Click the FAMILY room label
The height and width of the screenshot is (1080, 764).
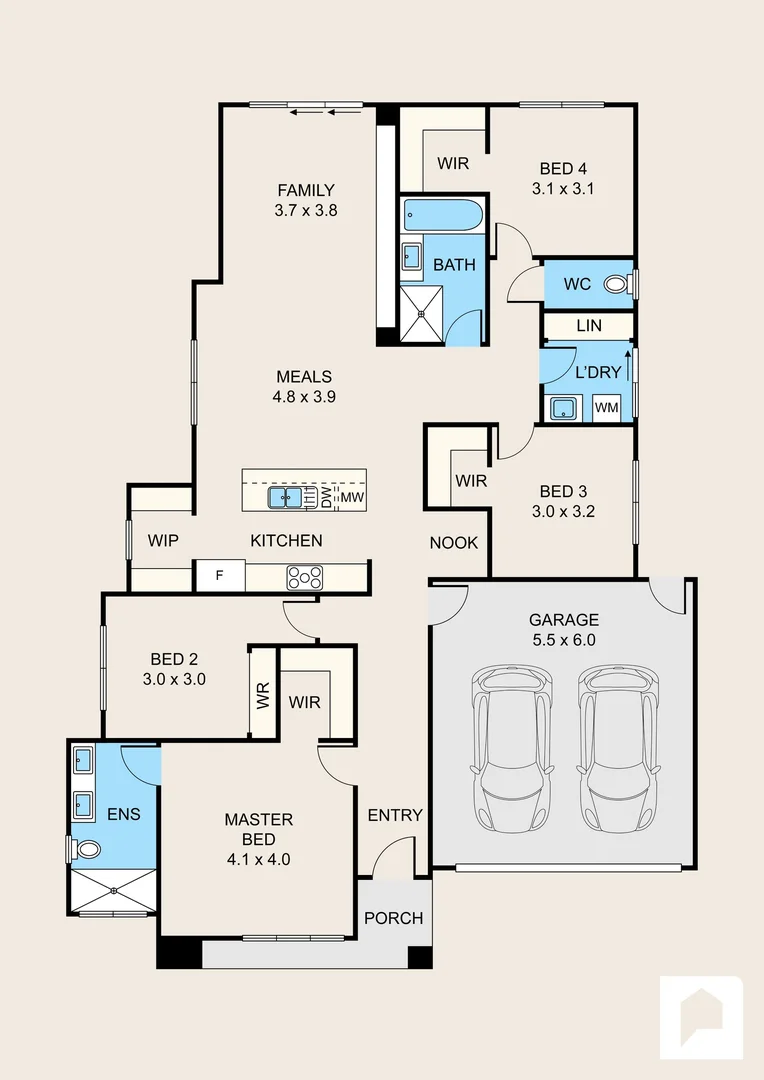(x=306, y=190)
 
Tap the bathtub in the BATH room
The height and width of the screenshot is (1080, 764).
(x=443, y=216)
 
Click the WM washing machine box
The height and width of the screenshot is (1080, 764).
(x=606, y=408)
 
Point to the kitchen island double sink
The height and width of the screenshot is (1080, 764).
(x=285, y=497)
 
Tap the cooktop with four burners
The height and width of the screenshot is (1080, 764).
(x=304, y=577)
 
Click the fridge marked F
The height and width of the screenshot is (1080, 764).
(x=220, y=576)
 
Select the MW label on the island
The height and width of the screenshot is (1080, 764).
(x=353, y=497)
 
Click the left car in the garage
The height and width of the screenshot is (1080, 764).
(x=512, y=748)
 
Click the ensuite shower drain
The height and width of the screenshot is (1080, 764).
(x=114, y=891)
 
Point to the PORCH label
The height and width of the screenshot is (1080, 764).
(x=394, y=918)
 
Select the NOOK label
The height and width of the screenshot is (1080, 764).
(x=454, y=543)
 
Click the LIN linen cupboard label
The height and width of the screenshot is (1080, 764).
(x=589, y=325)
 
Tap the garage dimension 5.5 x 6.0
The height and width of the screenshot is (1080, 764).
(x=564, y=640)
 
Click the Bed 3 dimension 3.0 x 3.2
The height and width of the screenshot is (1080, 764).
(x=564, y=511)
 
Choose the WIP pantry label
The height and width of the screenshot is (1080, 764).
(x=163, y=541)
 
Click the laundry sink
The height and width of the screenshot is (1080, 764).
(x=564, y=408)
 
